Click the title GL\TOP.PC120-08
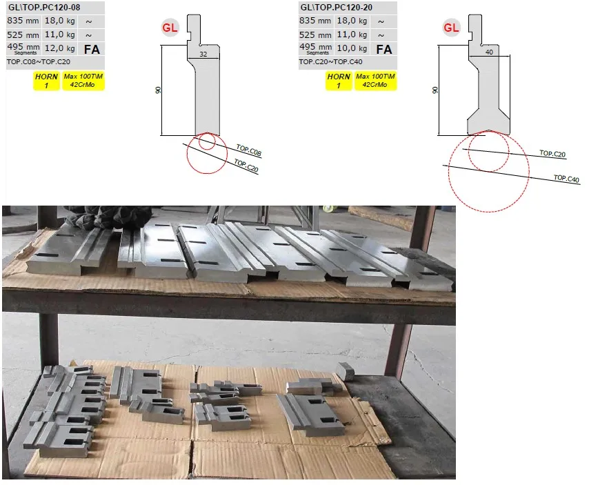click(44, 7)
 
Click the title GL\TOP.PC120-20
click(336, 7)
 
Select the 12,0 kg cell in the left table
click(60, 48)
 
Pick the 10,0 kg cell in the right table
click(352, 48)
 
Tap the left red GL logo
click(170, 28)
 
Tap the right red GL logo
click(451, 28)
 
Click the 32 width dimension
click(203, 54)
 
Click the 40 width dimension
click(489, 52)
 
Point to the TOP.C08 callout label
click(249, 150)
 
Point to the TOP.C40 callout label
click(566, 179)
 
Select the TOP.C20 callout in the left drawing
click(246, 166)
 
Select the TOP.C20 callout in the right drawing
click(552, 154)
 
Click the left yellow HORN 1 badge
click(46, 81)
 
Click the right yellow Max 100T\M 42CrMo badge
click(375, 81)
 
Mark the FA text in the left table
click(92, 49)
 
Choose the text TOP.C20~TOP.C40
click(330, 61)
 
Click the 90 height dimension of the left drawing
click(158, 90)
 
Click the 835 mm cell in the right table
click(315, 21)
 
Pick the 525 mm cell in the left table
click(23, 35)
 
